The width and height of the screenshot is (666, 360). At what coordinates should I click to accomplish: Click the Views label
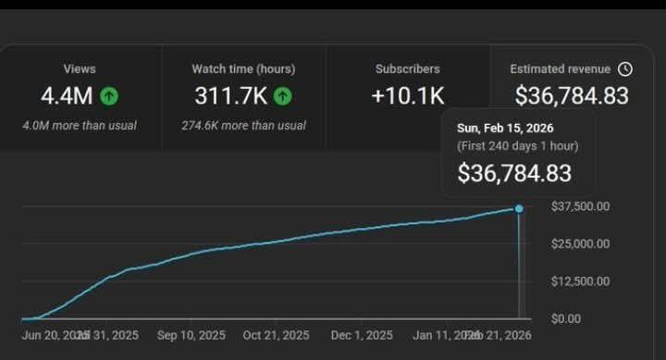(x=80, y=68)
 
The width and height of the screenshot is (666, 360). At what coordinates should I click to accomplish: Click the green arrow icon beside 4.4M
(x=109, y=95)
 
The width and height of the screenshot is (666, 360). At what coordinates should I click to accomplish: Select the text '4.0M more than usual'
(x=80, y=125)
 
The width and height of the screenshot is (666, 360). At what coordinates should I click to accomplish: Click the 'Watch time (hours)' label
(x=243, y=68)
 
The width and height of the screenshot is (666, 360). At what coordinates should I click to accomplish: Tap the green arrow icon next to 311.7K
(x=283, y=95)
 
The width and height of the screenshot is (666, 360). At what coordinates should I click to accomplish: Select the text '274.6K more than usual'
(x=243, y=125)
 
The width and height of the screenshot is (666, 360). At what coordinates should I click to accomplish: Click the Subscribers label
(x=408, y=68)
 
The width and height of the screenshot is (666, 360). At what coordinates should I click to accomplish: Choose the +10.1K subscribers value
(x=408, y=95)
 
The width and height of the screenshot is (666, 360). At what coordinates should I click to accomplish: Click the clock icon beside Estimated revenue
(x=625, y=68)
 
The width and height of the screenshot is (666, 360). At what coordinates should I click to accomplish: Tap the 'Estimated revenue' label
(x=561, y=68)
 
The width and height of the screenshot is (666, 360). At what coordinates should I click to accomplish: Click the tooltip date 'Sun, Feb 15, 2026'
(x=505, y=128)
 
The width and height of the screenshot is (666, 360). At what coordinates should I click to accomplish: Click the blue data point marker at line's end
(x=519, y=208)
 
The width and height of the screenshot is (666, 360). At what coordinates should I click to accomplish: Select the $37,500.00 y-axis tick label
(x=579, y=206)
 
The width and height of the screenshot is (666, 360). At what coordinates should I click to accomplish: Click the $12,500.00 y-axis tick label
(x=579, y=281)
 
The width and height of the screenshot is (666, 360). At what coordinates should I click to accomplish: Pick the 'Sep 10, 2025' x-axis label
(x=191, y=335)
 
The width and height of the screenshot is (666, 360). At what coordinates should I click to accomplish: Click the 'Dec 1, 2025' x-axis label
(x=362, y=335)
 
